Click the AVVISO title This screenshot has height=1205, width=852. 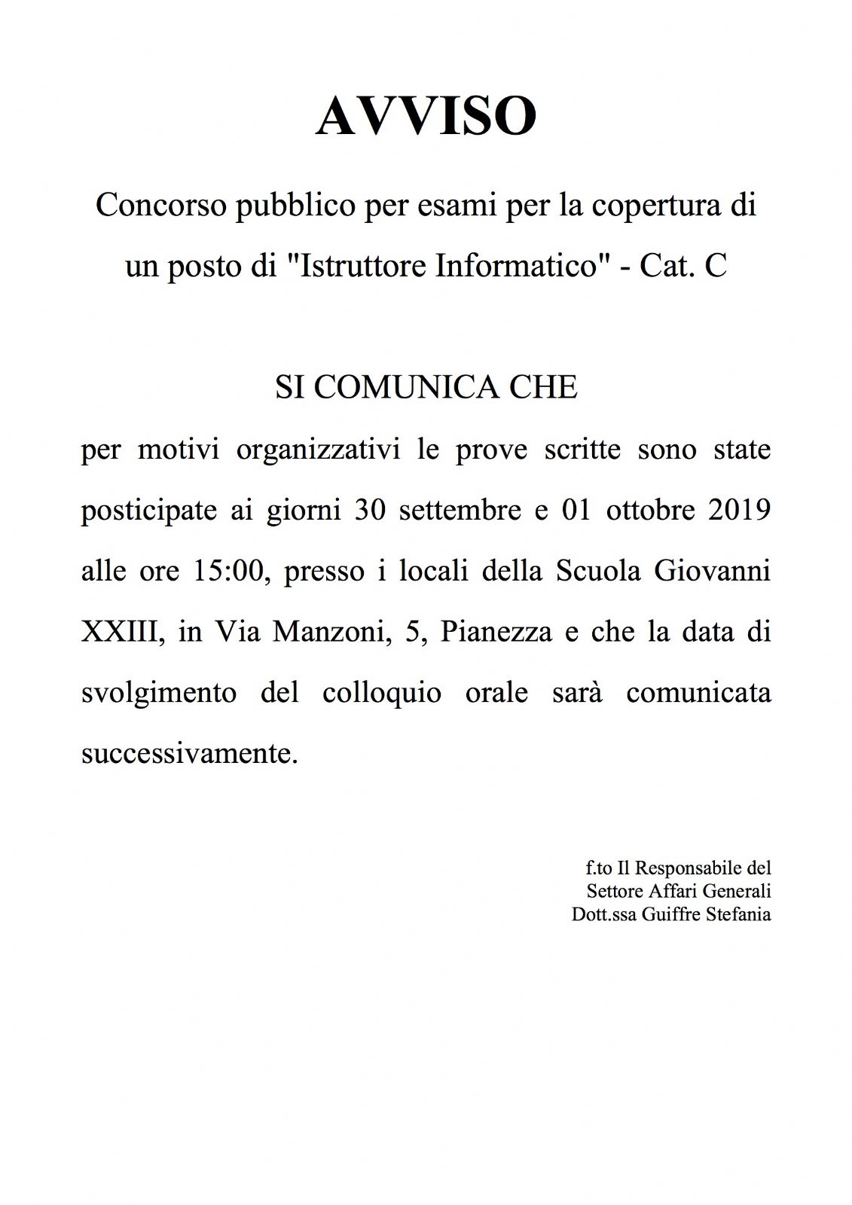pos(426,117)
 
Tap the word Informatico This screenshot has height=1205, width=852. pos(516,267)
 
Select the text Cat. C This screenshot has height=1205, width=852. pos(683,267)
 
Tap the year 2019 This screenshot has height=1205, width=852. pos(740,510)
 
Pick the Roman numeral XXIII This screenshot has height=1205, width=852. pos(122,631)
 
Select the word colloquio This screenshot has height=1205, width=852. pos(382,692)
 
